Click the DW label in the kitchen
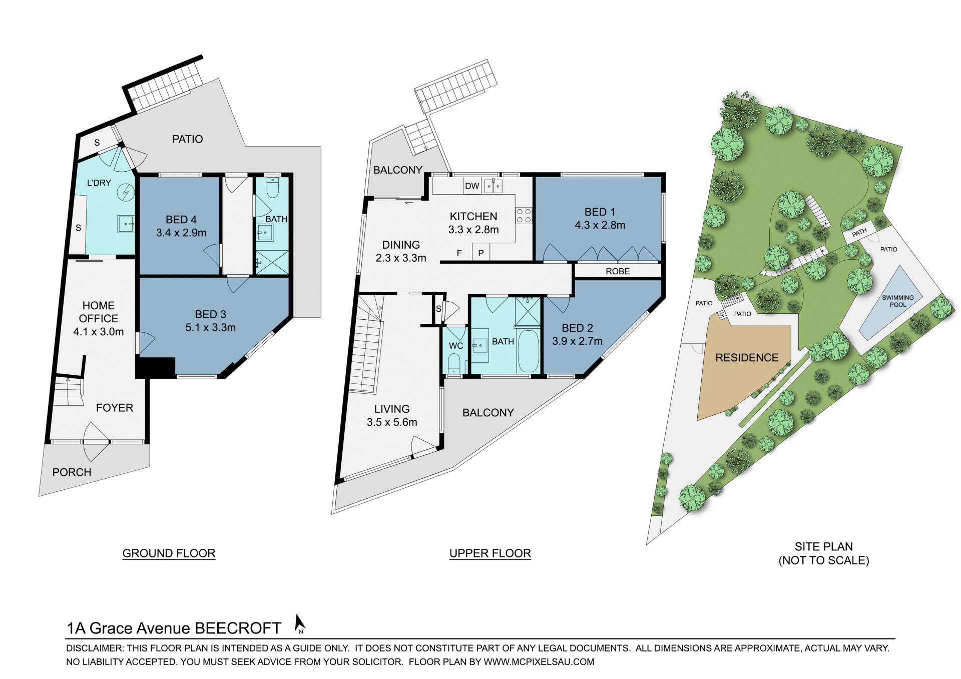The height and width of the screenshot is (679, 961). [472, 186]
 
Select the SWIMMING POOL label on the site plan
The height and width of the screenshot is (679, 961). [897, 301]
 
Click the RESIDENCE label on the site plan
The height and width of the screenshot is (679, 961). [747, 358]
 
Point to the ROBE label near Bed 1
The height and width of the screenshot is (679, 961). [618, 271]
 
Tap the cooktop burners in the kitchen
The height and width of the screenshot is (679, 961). [524, 216]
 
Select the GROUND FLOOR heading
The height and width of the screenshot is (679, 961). [169, 553]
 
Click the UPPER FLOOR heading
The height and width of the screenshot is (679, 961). [490, 553]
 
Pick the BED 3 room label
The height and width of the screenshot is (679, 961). [210, 315]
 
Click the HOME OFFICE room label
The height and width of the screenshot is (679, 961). [99, 312]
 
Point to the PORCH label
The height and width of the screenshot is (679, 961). [72, 472]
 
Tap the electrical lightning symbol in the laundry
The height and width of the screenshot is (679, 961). [126, 192]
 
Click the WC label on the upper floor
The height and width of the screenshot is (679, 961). [456, 346]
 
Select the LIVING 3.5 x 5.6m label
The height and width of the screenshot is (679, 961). [392, 416]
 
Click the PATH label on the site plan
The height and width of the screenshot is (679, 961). [859, 232]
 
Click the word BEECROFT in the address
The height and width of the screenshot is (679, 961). [238, 628]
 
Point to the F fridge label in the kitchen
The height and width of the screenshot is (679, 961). [459, 253]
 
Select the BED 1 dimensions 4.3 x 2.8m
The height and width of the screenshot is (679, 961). [600, 225]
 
